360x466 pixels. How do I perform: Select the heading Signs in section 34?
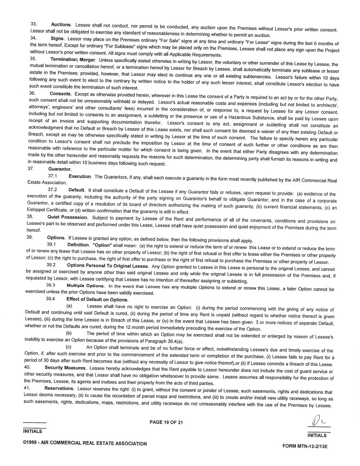[58, 38]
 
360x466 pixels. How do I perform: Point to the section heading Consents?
[60, 93]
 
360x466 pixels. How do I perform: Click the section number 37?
[31, 168]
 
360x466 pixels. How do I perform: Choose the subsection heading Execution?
[80, 176]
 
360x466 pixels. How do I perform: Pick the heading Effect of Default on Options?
[97, 299]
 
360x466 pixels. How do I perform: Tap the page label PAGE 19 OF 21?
[166, 422]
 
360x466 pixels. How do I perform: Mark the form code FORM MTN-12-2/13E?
[304, 446]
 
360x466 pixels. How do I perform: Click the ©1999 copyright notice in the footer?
[85, 443]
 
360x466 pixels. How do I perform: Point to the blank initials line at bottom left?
[34, 423]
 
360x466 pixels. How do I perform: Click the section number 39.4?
[51, 299]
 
